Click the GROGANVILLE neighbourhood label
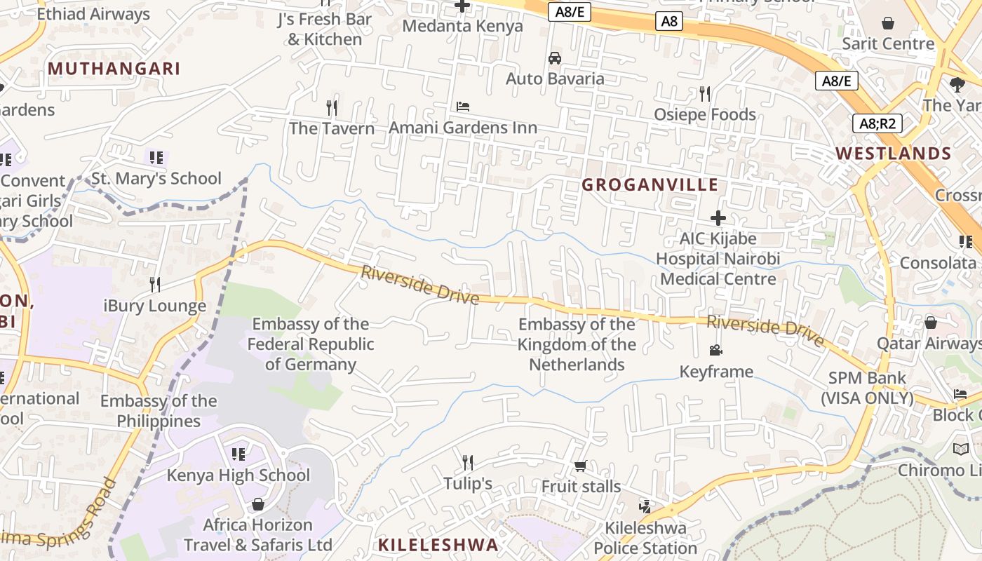[x=650, y=185]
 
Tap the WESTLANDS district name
[x=893, y=154]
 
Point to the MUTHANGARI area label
[x=114, y=69]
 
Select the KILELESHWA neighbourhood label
[x=438, y=545]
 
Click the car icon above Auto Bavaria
[x=555, y=58]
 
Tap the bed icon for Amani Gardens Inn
[x=463, y=107]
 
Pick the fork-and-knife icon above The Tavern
[x=332, y=107]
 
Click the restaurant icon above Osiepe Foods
[x=705, y=93]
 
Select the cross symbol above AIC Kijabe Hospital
[x=718, y=218]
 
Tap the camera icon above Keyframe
[x=715, y=350]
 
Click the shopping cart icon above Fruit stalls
[x=580, y=466]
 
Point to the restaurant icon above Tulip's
[x=467, y=462]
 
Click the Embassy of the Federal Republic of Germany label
[x=310, y=344]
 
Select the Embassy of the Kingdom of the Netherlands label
[x=577, y=344]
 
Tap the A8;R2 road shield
[x=877, y=124]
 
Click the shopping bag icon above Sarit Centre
[x=888, y=23]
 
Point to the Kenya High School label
[x=238, y=475]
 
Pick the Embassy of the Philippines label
[x=159, y=411]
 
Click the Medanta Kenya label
[x=463, y=27]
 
